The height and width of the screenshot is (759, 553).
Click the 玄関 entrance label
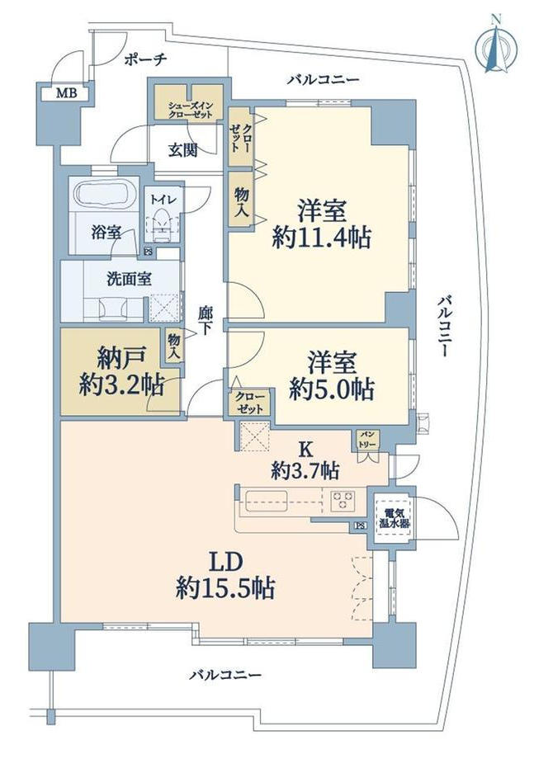coord(183,150)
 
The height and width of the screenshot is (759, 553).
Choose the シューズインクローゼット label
coord(191,111)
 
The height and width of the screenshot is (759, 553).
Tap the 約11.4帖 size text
coord(322,238)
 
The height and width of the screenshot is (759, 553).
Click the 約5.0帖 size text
coord(332,389)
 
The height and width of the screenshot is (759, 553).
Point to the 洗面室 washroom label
coord(129,280)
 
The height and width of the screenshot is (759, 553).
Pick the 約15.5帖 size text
coord(225,588)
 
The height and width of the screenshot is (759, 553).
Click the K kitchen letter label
coord(305,450)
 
